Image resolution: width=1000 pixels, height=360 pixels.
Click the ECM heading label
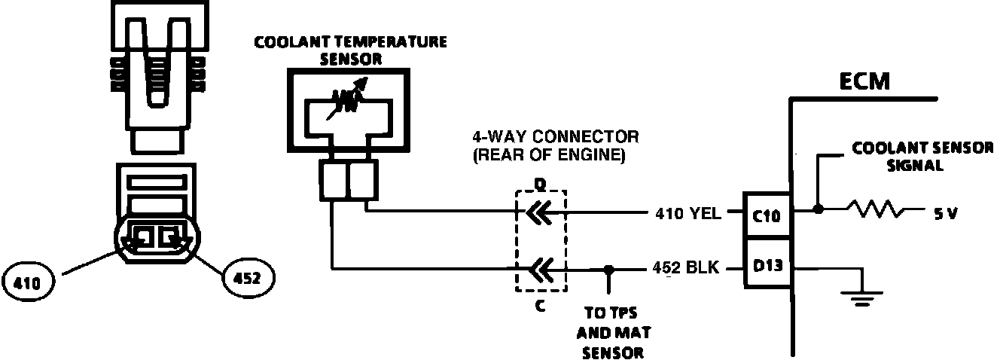[x=864, y=82]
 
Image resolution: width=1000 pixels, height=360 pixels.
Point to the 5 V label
[x=946, y=213]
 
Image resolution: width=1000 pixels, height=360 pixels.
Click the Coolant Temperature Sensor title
[x=350, y=49]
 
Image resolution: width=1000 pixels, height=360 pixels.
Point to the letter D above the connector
[x=539, y=183]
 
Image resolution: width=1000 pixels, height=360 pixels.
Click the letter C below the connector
[x=539, y=305]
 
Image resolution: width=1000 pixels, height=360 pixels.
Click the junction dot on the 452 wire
[x=608, y=268]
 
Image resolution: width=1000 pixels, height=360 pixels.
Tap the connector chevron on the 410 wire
[x=537, y=214]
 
